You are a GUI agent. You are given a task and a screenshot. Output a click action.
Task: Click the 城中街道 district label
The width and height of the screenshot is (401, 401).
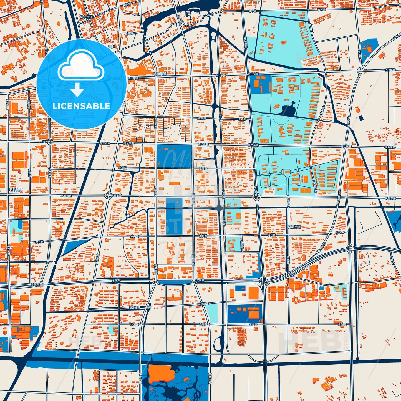point(86,17)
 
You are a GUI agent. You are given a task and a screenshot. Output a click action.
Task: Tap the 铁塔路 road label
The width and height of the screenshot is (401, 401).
point(128,33)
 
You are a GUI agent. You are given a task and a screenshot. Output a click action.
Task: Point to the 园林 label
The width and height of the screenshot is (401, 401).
point(112,47)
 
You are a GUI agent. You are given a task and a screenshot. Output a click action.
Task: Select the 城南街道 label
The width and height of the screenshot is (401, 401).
point(160,74)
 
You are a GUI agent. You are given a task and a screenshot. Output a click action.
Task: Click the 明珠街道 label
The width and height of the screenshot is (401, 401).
point(16,190)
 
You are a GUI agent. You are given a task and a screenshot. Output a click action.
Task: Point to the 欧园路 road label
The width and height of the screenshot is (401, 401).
point(242,244)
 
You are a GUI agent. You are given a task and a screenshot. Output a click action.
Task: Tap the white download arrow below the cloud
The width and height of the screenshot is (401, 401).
point(77,89)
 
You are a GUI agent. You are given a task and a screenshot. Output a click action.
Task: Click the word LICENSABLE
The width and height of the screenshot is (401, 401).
point(81,106)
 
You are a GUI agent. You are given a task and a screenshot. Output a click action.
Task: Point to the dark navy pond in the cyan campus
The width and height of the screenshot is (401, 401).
point(289,109)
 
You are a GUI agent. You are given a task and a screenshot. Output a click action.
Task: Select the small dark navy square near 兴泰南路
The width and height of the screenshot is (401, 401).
point(361,118)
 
